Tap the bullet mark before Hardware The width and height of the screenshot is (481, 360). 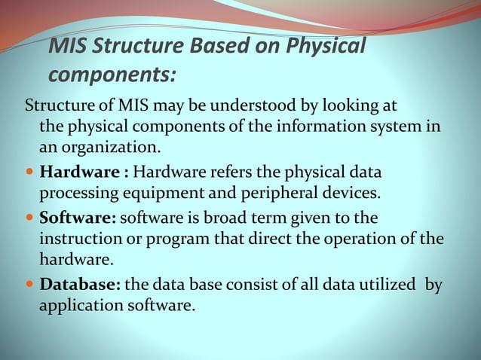point(29,172)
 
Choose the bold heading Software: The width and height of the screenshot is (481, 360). point(78,218)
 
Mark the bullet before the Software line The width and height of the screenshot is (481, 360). point(29,219)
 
